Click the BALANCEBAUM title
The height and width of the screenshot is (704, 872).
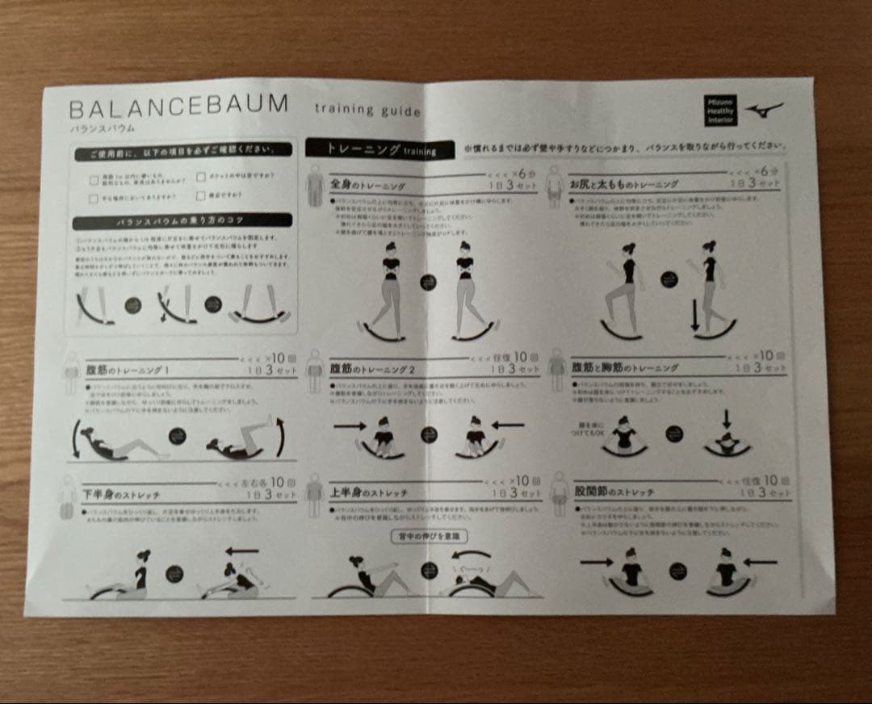178,105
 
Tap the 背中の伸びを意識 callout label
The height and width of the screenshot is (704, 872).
429,535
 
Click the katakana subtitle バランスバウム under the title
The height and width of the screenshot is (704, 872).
102,128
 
